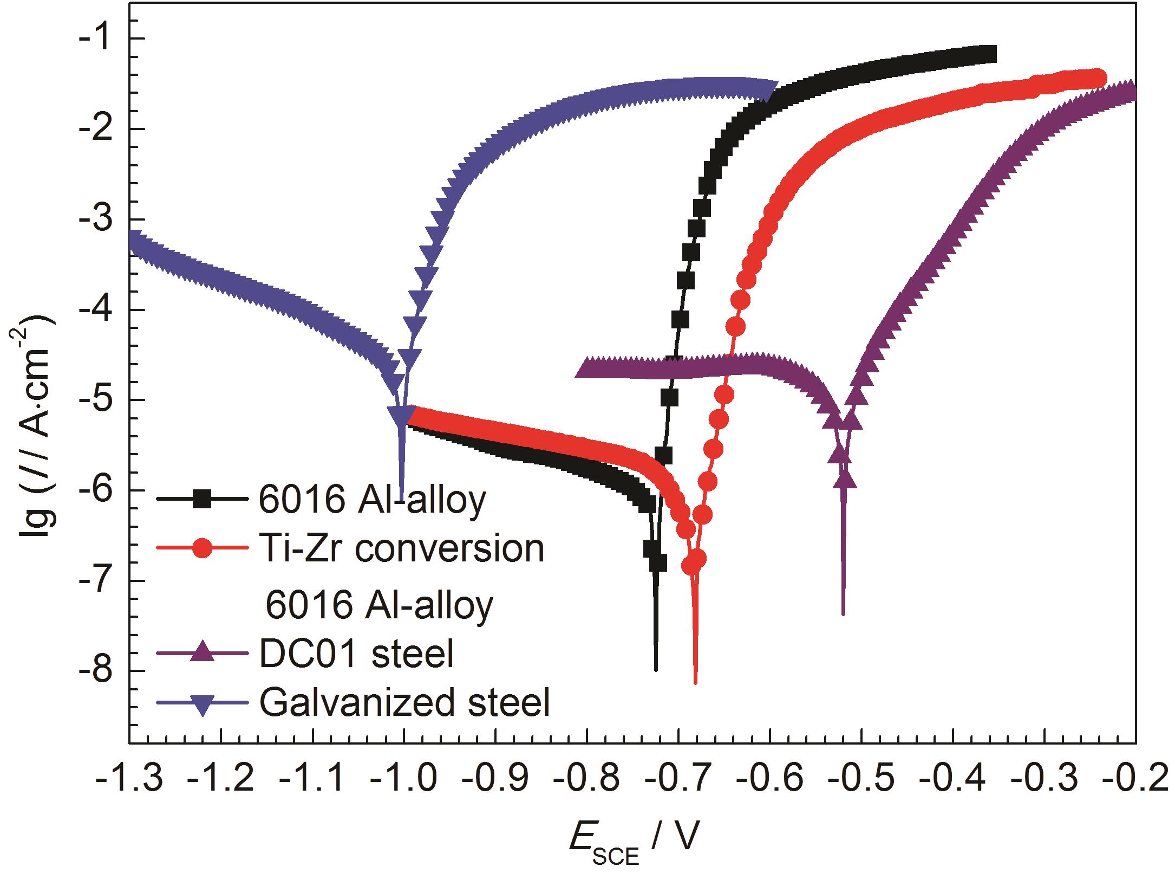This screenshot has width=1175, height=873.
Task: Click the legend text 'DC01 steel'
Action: pos(356,653)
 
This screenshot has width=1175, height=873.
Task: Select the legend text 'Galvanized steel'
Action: pos(404,703)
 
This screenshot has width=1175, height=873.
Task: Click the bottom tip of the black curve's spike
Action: pos(656,670)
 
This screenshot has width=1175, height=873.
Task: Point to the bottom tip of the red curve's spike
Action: pos(695,683)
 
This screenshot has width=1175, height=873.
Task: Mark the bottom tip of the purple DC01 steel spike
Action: pos(843,614)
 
